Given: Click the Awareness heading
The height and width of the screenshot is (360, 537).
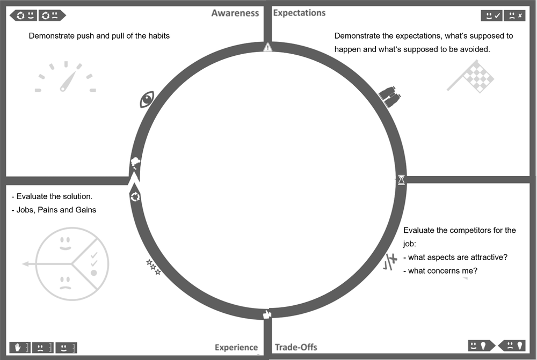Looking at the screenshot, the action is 235,13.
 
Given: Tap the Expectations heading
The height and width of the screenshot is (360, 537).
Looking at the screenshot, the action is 299,13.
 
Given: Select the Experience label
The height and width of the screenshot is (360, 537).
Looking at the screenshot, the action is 236,347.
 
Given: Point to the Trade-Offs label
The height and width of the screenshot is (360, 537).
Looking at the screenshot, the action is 296,347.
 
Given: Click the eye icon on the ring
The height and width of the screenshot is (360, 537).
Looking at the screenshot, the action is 147,99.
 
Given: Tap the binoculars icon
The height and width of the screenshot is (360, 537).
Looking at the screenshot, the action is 390,97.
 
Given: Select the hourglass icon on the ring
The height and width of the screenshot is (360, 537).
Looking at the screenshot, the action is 401,180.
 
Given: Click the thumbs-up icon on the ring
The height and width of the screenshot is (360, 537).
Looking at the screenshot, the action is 267,314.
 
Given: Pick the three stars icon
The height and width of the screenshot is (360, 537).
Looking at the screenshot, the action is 154,267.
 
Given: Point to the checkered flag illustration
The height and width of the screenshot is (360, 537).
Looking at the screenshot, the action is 471,77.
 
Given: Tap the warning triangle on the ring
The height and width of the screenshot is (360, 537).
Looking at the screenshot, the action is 268,47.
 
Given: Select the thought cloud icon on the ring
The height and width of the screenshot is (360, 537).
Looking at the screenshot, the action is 135,163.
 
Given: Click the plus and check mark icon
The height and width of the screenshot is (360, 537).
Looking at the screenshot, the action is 390,261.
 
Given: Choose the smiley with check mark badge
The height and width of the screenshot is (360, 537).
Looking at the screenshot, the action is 492,16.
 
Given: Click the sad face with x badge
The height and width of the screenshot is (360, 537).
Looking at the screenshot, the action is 515,16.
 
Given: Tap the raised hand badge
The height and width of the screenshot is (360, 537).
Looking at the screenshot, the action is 20,348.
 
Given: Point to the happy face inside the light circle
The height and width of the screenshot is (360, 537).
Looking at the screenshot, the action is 65,243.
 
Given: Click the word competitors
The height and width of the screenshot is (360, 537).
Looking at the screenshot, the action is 464,230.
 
